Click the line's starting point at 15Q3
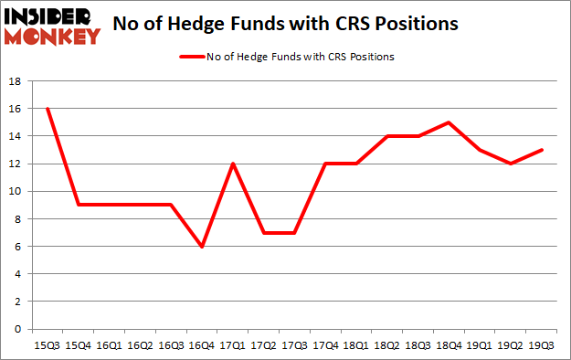[x=47, y=109]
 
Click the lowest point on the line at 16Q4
[x=201, y=247]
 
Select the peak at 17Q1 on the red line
[x=232, y=164]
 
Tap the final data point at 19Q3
[x=542, y=150]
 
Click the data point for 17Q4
[x=325, y=164]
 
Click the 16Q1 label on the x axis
[x=109, y=346]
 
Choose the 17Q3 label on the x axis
[x=294, y=346]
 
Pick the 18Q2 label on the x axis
[x=387, y=346]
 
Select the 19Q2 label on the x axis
[x=511, y=346]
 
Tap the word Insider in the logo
[x=52, y=16]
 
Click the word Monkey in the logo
[x=52, y=36]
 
